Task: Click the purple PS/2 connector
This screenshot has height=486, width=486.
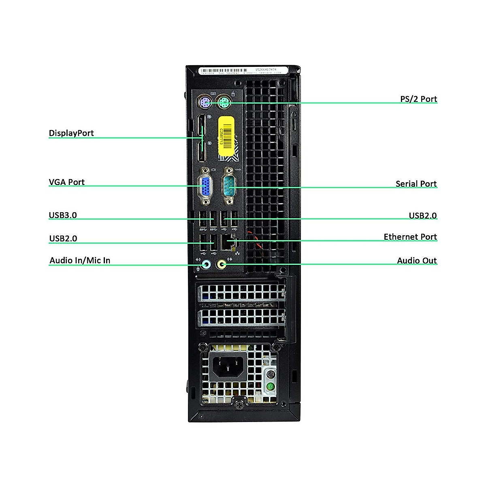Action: click(x=205, y=102)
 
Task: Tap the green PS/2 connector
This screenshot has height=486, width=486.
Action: click(x=224, y=102)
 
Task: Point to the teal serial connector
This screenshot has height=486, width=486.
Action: click(x=229, y=187)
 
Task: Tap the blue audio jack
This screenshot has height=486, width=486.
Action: click(x=206, y=265)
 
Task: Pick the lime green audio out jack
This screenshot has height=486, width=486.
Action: click(x=222, y=265)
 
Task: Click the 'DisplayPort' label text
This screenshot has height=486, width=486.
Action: click(x=71, y=133)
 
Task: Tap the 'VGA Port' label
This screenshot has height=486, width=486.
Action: click(x=67, y=182)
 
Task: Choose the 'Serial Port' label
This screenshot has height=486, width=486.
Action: click(x=416, y=184)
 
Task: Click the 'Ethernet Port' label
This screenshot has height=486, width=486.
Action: click(x=410, y=237)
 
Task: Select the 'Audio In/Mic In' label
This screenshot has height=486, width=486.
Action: click(x=80, y=260)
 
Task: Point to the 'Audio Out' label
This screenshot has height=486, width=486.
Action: click(x=417, y=261)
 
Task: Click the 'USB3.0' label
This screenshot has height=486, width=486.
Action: click(x=63, y=215)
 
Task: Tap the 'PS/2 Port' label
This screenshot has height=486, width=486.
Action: click(x=418, y=99)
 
